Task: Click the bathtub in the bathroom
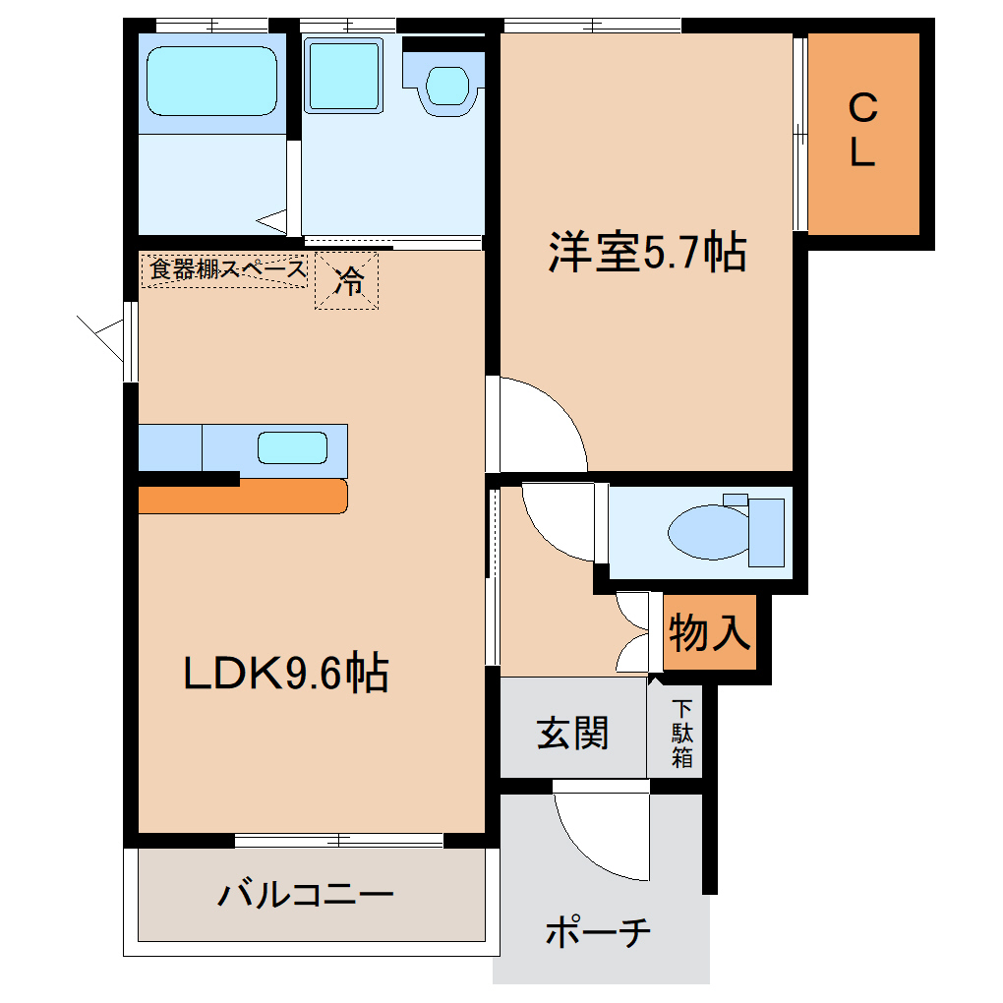pos(211,82)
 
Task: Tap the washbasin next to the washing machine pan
pos(447,86)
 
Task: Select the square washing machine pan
pos(343,76)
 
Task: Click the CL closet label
pos(863,130)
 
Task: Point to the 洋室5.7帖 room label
pos(647,252)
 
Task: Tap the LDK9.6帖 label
pos(286,673)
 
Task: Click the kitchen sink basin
pos(292,447)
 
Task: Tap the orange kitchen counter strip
pos(243,497)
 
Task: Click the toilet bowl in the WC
pos(709,532)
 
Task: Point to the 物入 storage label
pos(709,632)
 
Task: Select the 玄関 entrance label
pos(572,733)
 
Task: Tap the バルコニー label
pos(306,894)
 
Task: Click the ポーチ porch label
pos(598,932)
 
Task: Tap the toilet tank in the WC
pos(766,532)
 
